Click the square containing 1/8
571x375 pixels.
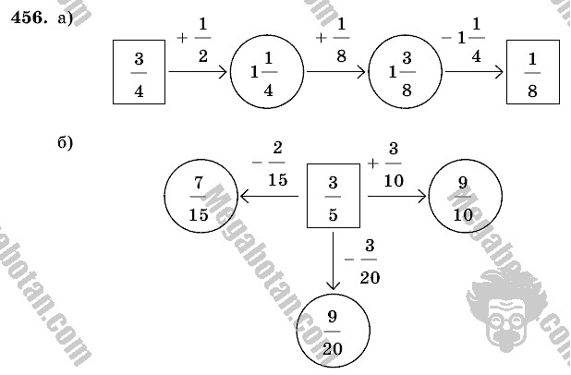pos(534,71)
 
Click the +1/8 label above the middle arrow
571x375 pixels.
pos(334,42)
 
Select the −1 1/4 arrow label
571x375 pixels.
pos(471,40)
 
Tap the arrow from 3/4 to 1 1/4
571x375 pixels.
pos(198,71)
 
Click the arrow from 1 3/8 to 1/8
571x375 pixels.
pos(472,71)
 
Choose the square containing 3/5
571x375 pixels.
pos(334,197)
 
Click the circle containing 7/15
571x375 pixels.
pos(200,197)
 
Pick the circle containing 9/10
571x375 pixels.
pos(464,197)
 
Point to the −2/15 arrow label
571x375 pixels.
pos(271,164)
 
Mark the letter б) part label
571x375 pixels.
pos(65,142)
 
